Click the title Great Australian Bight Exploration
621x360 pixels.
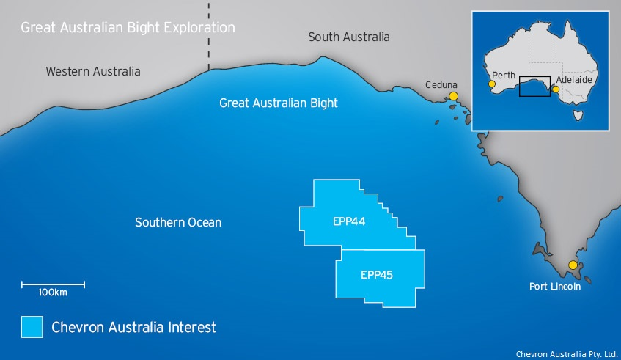coord(128,28)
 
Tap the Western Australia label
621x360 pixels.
coord(92,72)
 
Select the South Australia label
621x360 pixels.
coord(348,37)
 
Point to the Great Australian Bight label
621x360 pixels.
coord(279,103)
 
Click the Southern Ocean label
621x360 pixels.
coord(178,222)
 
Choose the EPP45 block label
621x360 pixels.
coord(377,276)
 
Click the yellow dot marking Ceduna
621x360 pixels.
coord(454,96)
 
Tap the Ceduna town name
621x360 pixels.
coord(441,85)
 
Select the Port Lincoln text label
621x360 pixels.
coord(555,287)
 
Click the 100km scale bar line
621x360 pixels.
coord(53,284)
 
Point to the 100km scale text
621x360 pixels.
coord(53,293)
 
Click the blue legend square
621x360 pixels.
coord(32,327)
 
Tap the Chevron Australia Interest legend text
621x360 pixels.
coord(133,327)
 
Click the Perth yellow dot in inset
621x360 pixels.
coord(491,85)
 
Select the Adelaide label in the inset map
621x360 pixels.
coord(574,78)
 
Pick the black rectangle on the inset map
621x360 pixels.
coord(534,87)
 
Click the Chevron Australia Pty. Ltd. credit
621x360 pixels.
coord(567,353)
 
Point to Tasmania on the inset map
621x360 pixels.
coord(578,114)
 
